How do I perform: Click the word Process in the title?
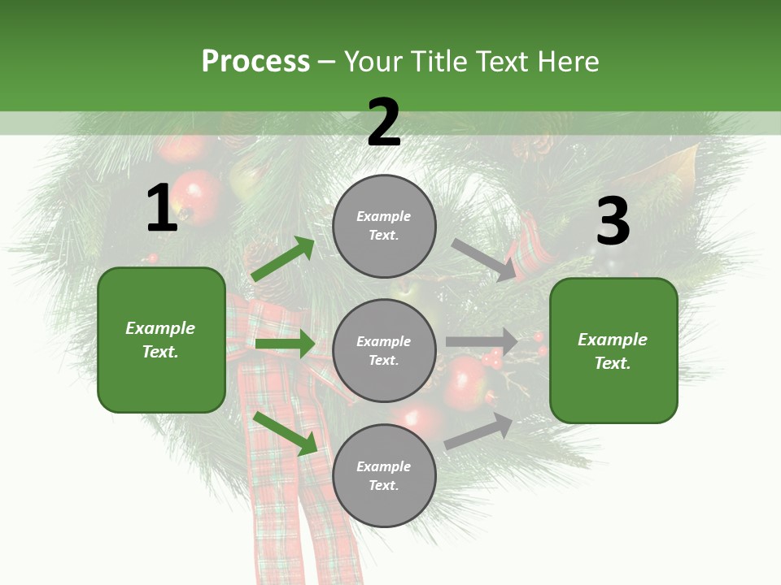point(255,62)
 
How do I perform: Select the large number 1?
point(162,209)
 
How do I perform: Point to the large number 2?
point(384,123)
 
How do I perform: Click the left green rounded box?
point(161,340)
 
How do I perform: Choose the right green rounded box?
point(613,350)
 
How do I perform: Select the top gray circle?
point(384,226)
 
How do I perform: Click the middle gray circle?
point(384,350)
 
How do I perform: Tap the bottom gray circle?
point(384,475)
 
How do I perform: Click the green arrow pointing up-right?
point(283,258)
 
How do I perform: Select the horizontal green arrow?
point(286,344)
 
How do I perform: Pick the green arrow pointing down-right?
point(286,433)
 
